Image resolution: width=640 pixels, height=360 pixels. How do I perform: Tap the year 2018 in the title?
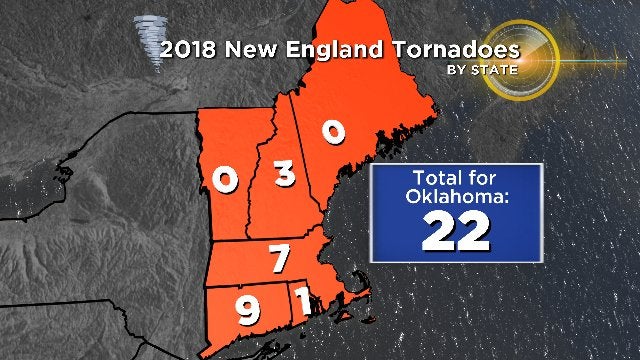pos(194,48)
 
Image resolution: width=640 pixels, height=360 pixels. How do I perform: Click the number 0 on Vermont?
pos(225,179)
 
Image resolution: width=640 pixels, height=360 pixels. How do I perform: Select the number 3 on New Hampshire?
pos(285,176)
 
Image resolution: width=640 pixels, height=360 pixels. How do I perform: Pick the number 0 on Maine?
pos(333,131)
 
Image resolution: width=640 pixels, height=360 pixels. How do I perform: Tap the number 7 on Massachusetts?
pos(280,258)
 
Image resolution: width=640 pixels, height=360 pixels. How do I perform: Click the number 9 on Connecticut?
pos(246,312)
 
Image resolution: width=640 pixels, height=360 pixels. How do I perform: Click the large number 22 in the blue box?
pos(455,232)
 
